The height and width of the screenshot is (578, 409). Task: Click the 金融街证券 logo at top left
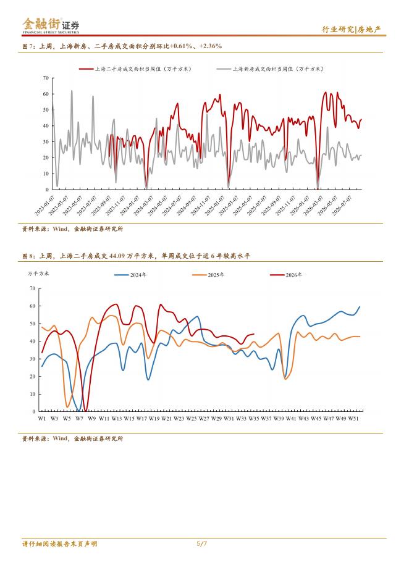pos(51,25)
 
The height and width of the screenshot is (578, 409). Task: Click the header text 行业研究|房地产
pos(352,30)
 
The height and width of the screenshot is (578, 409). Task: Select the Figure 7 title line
pos(122,46)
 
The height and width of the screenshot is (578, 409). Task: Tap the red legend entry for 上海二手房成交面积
pos(135,69)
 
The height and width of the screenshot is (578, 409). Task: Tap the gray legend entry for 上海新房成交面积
pos(270,69)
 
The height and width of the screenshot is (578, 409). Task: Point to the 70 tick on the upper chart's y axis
pos(46,78)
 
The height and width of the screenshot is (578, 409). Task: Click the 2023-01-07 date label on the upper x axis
pos(44,205)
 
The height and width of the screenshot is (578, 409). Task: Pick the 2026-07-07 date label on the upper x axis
pos(342,205)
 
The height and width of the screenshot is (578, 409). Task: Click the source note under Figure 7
pos(73,229)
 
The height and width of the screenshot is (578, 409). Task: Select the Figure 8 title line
pos(136,256)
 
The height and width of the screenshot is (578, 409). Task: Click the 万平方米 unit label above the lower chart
pos(38,274)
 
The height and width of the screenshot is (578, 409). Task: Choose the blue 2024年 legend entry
pos(130,275)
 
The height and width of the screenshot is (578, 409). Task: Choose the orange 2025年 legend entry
pos(208,275)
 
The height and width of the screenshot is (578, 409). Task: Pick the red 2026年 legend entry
pos(286,275)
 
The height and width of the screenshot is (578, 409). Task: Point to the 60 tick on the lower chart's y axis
pos(33,306)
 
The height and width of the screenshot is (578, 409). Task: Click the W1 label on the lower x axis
pos(42,419)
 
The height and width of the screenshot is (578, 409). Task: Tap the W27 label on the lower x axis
pos(204,419)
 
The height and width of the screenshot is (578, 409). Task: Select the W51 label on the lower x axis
pos(353,419)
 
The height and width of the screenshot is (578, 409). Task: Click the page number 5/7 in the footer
pos(202,543)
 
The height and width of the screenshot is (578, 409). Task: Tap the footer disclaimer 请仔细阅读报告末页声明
pos(60,544)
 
